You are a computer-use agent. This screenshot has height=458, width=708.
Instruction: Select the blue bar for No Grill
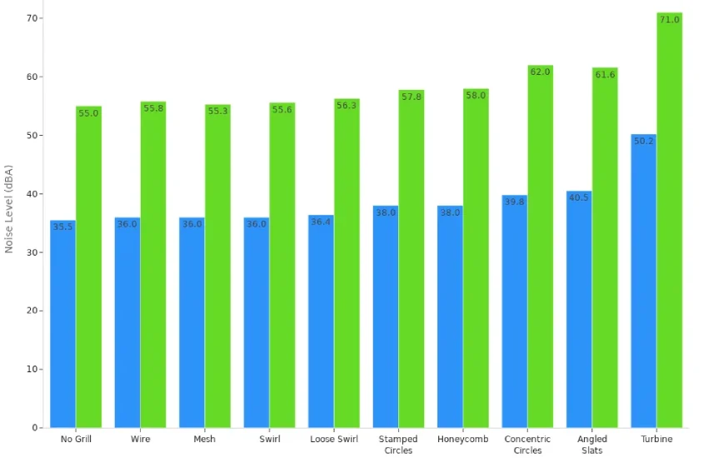coord(62,325)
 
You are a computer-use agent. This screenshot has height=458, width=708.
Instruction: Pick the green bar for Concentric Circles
coord(540,246)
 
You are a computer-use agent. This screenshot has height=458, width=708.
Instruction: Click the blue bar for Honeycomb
coord(450,316)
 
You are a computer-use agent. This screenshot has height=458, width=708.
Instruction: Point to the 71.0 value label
coord(669,19)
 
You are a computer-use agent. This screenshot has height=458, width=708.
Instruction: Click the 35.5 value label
coord(62,227)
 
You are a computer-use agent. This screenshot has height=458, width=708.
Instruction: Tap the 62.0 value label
coord(540,72)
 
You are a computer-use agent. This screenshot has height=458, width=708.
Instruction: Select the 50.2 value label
coord(644,141)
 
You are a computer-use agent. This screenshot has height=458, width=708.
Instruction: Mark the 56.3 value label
coord(347,106)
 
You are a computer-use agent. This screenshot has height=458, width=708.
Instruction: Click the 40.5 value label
coord(579,197)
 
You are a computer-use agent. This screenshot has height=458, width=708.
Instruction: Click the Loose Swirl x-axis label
coord(334,440)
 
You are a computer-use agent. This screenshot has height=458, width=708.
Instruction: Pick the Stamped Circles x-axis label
coord(398,445)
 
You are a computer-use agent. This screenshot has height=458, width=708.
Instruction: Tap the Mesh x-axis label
coord(204,440)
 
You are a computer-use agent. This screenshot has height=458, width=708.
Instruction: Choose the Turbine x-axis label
coord(656,440)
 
